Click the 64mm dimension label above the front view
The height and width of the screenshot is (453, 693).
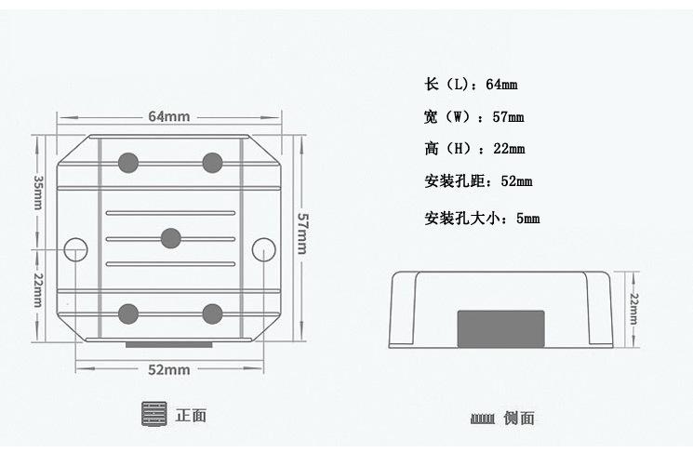click(168, 116)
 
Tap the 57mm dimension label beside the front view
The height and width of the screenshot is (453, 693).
click(302, 233)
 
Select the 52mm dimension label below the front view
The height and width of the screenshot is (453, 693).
click(168, 369)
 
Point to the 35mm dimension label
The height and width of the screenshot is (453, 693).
click(38, 192)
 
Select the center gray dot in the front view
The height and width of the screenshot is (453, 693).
click(170, 239)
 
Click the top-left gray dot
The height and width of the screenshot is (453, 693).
click(127, 163)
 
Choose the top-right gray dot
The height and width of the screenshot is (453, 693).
click(213, 163)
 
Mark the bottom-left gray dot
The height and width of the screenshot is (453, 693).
click(127, 313)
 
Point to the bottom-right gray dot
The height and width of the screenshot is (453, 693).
click(213, 313)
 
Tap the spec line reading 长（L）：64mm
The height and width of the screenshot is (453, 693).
click(471, 85)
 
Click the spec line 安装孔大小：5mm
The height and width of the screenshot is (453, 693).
click(482, 219)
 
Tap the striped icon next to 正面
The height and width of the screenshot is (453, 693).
click(154, 415)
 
